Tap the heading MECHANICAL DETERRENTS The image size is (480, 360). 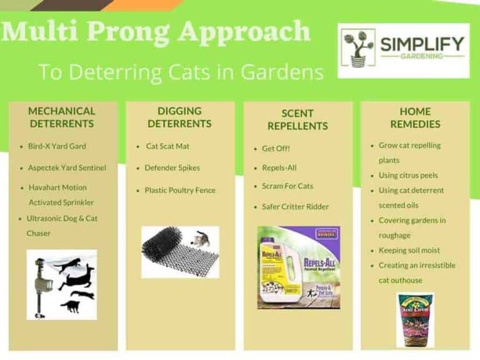(x=62, y=117)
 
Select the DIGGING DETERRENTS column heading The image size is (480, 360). (x=179, y=117)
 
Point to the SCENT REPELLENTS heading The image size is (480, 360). (x=297, y=119)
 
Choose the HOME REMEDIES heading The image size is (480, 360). (x=415, y=117)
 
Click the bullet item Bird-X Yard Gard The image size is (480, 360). (x=57, y=146)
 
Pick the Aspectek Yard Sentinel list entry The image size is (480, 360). (x=67, y=168)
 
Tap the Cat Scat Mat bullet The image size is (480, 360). (x=167, y=146)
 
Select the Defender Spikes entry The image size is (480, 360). (x=171, y=168)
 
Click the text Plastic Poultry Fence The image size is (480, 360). (x=180, y=190)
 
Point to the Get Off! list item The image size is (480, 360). (x=276, y=149)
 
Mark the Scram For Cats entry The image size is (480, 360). (x=287, y=186)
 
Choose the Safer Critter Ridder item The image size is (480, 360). (x=295, y=207)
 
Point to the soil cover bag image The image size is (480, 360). (x=414, y=319)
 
